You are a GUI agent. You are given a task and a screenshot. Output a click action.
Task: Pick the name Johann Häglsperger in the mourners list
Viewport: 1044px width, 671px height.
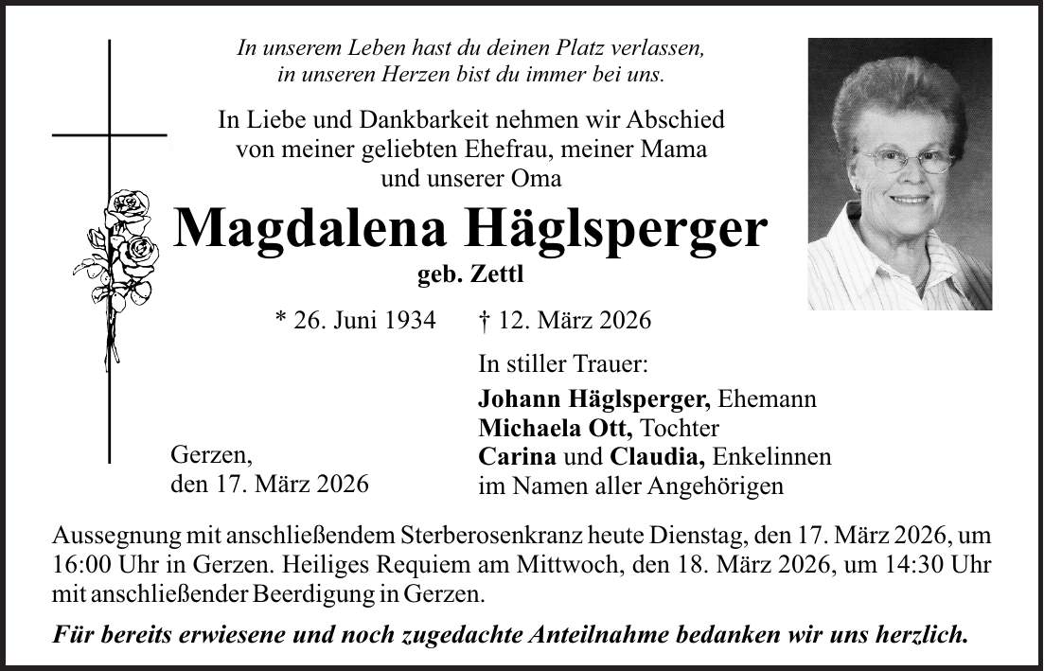(x=596, y=399)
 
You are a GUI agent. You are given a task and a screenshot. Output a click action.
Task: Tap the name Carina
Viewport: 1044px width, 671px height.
(x=518, y=456)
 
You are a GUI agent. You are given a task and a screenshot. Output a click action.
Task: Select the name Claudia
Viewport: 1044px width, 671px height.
(x=656, y=456)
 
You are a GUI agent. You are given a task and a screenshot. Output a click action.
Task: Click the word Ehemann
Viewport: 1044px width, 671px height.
(x=768, y=399)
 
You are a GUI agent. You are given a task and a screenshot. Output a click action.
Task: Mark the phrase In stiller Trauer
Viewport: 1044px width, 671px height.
(x=563, y=363)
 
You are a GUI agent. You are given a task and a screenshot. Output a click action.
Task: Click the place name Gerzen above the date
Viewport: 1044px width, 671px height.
(x=209, y=456)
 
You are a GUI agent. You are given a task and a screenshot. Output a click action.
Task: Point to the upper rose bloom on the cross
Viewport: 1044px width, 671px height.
(x=128, y=207)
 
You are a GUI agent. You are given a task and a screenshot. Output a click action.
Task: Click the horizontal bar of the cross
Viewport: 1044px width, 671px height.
(x=109, y=136)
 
